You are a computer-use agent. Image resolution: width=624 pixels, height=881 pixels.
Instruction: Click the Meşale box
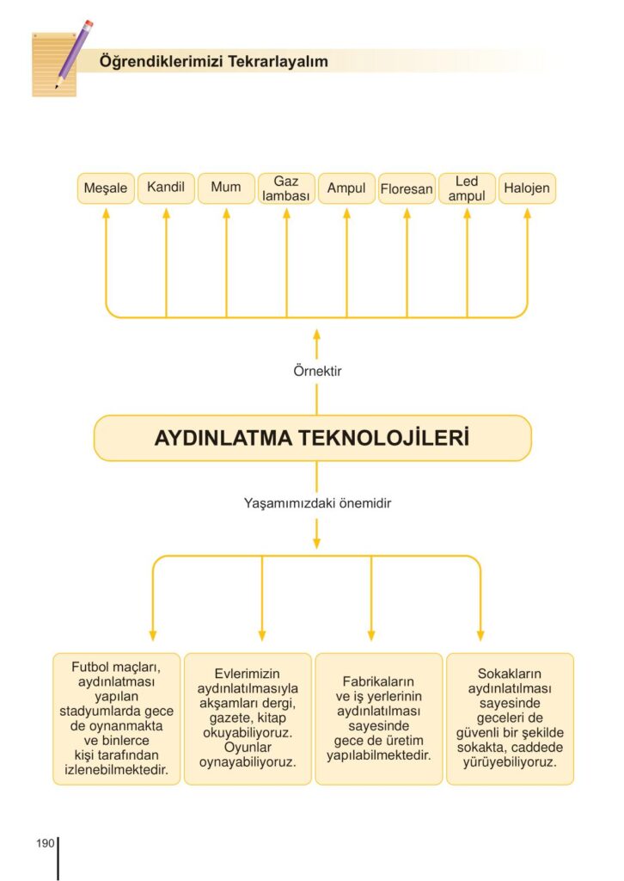tap(106, 188)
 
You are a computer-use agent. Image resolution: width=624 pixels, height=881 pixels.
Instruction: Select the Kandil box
tap(166, 188)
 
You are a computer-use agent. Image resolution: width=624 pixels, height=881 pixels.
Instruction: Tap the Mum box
tap(226, 188)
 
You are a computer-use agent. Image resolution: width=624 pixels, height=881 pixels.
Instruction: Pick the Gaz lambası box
tap(286, 188)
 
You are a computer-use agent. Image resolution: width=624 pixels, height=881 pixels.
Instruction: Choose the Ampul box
tap(346, 188)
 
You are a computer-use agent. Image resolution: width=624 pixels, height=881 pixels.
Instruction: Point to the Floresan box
tap(407, 188)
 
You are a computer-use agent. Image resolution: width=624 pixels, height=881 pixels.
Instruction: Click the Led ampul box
tap(467, 188)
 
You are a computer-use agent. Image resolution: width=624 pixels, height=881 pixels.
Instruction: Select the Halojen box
tap(527, 188)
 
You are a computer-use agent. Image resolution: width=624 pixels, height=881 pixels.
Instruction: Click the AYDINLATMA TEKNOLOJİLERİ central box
tap(312, 438)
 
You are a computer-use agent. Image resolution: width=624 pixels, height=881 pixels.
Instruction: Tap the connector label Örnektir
tap(317, 373)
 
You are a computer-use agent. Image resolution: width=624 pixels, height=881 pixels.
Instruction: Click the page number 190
tap(46, 842)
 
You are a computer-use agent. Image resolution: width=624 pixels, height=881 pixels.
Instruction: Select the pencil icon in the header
tap(73, 53)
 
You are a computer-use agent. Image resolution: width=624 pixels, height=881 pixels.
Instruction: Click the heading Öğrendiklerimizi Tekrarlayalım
tap(213, 62)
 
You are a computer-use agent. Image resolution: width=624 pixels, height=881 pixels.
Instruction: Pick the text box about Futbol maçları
tap(117, 718)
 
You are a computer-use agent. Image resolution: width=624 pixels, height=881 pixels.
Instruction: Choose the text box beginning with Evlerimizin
tap(248, 718)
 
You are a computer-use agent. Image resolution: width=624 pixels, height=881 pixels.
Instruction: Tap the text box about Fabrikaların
tap(378, 718)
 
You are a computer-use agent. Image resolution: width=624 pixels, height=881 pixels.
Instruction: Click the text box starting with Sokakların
tap(510, 718)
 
